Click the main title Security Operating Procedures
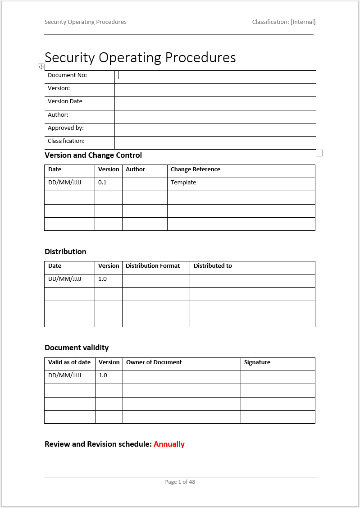pos(140,58)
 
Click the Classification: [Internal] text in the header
pos(283,22)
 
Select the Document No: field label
pos(67,75)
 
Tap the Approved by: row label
pos(66,128)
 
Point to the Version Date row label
pos(65,101)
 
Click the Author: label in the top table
pos(58,115)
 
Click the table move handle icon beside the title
pos(41,67)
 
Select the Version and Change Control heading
pos(93,155)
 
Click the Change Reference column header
pos(196,169)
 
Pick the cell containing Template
pos(183,183)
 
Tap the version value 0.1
pos(102,183)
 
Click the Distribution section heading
pos(65,252)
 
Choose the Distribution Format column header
pos(153,266)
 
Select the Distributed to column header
pos(213,266)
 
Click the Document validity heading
pos(77,348)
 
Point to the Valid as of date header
pos(69,362)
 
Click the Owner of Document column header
pos(154,362)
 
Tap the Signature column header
pos(257,362)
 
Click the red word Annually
pos(169,444)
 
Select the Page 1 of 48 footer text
pos(180,482)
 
